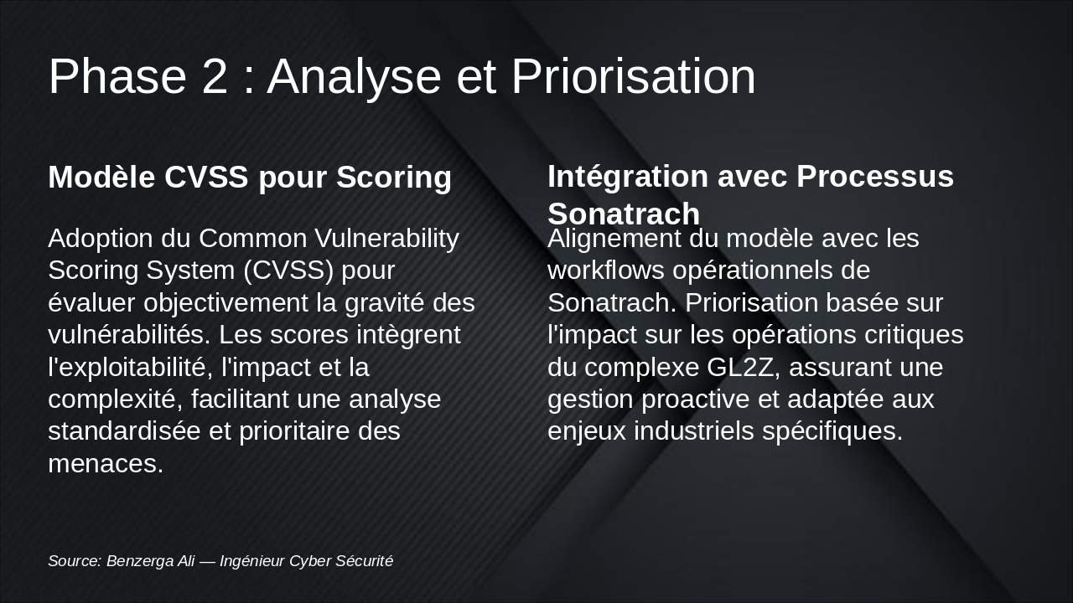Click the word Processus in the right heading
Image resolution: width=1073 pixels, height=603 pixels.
coord(875,177)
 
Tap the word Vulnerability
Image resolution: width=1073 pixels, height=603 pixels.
coord(387,239)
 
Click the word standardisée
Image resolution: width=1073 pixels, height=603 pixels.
coord(139,431)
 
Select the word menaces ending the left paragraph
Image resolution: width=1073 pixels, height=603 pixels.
coord(105,463)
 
